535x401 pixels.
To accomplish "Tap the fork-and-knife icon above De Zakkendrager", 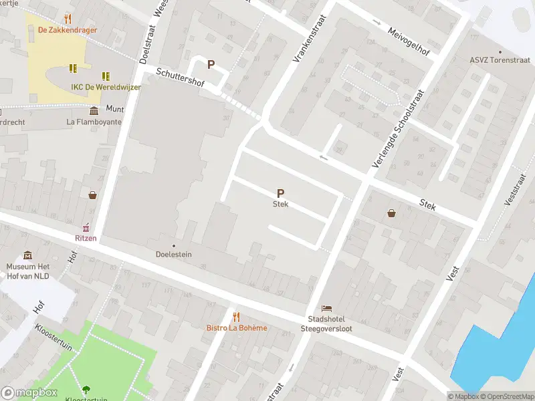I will coord(68,18).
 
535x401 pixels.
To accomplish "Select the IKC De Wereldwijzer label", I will coord(106,88).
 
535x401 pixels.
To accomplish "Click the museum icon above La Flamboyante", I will coord(94,110).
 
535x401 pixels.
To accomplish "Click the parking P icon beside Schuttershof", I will coord(211,65).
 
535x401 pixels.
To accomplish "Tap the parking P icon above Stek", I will coord(280,192).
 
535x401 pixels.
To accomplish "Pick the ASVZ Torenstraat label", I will coord(498,59).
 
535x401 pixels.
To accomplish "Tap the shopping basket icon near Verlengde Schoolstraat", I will coord(391,213).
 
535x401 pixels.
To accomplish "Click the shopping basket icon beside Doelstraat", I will coord(92,195).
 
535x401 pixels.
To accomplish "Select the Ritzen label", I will coord(86,238).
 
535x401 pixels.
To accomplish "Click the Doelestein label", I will coord(174,255).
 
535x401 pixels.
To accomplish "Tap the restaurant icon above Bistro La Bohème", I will coord(235,316).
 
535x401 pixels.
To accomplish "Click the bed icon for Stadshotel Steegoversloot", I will coord(326,308).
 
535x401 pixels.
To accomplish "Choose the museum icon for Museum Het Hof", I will coord(27,255).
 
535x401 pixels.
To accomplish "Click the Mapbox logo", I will coord(29,393).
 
